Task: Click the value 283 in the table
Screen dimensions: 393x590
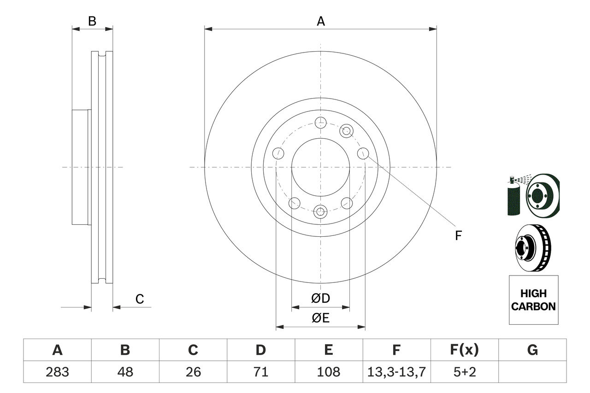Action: click(x=57, y=372)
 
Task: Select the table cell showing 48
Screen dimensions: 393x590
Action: click(x=125, y=372)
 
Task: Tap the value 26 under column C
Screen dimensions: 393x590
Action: click(x=193, y=372)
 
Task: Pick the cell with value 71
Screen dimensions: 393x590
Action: click(x=260, y=372)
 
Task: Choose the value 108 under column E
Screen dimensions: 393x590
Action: click(x=328, y=372)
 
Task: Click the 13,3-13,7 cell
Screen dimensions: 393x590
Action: click(x=396, y=372)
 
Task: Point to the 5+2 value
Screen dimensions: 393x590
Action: click(x=464, y=372)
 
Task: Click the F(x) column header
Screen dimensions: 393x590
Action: click(x=464, y=350)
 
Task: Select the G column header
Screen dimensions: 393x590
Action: click(x=532, y=350)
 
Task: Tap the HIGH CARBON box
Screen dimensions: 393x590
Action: click(x=533, y=299)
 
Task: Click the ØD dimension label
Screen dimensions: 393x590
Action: click(x=321, y=299)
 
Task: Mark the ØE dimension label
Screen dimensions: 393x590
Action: click(x=321, y=318)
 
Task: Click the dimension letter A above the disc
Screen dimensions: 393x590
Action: click(x=321, y=21)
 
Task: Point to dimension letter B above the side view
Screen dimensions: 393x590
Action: click(x=92, y=21)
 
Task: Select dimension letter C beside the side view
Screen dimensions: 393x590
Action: click(x=140, y=299)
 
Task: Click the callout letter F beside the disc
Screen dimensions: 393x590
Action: click(x=458, y=236)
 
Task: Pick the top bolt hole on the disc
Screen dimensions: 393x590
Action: click(x=320, y=123)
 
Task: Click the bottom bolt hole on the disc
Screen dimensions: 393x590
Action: click(x=320, y=212)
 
